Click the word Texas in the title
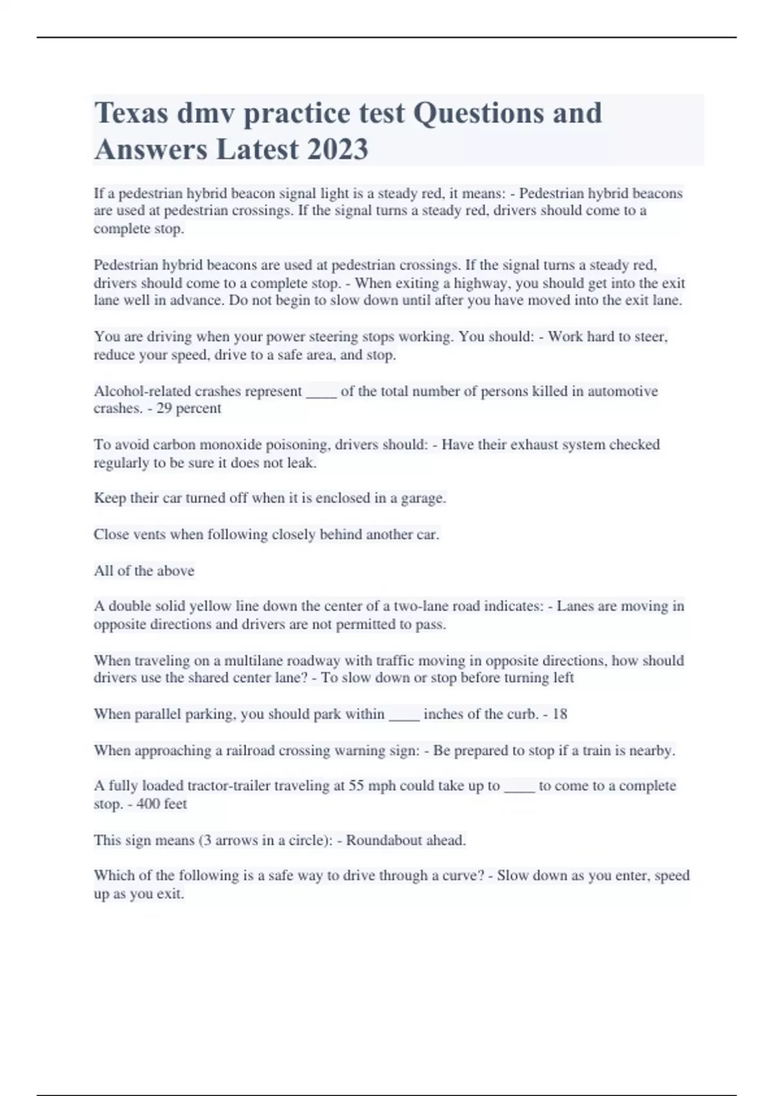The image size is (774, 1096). click(x=131, y=113)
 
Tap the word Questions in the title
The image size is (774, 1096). click(x=471, y=113)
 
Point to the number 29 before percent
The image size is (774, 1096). click(x=164, y=408)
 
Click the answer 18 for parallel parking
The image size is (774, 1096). click(x=560, y=714)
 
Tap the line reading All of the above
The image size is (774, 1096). click(x=144, y=571)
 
